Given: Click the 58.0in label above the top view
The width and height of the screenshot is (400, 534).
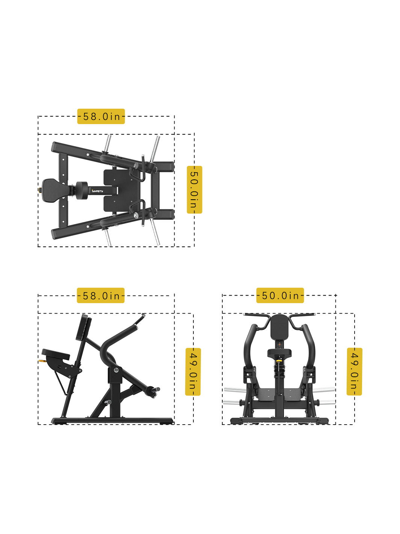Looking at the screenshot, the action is [101, 116].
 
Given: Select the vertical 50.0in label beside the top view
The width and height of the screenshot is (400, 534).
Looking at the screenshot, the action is [194, 190].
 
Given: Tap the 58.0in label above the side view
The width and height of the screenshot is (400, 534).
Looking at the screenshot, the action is [101, 295].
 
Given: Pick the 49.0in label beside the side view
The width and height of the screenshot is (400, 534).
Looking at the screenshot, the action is [193, 372].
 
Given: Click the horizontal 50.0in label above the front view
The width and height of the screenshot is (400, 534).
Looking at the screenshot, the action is [280, 295].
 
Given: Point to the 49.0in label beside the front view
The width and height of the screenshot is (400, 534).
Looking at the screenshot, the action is [354, 372].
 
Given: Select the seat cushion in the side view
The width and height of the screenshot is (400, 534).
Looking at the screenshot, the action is [56, 354].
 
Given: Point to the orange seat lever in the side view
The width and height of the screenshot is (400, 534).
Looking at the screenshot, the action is [42, 361].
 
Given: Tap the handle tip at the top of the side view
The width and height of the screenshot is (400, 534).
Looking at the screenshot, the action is [143, 315].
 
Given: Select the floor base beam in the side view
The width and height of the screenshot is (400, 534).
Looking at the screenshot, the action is [112, 421].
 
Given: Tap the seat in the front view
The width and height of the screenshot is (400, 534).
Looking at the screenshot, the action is [279, 353].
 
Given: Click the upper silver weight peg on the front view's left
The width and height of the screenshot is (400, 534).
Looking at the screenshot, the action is [235, 390].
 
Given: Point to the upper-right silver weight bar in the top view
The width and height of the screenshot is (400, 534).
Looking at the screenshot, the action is [154, 149].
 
